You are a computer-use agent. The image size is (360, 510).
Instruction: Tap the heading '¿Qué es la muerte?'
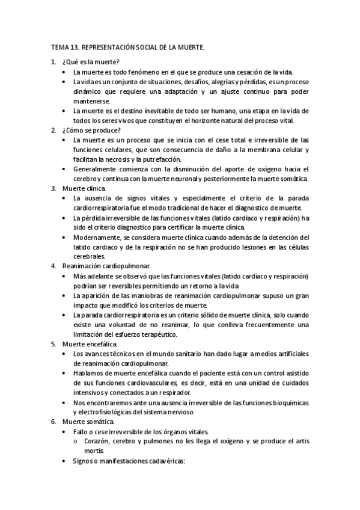click(x=90, y=62)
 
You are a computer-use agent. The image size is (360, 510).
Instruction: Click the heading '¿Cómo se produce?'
click(x=91, y=130)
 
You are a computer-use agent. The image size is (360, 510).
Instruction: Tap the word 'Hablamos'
click(x=88, y=373)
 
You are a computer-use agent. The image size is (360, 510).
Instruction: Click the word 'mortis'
click(x=94, y=451)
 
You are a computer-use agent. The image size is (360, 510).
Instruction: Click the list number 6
click(x=53, y=422)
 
